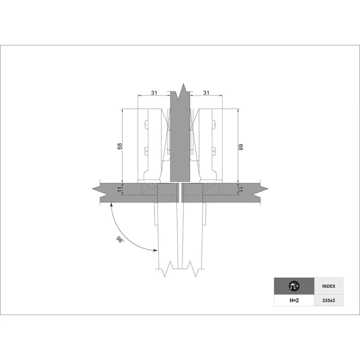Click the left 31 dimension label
154,93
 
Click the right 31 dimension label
206,93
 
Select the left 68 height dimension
120,146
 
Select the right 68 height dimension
240,147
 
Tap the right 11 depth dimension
240,190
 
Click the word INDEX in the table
328,286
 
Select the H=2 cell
294,300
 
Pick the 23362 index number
328,300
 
